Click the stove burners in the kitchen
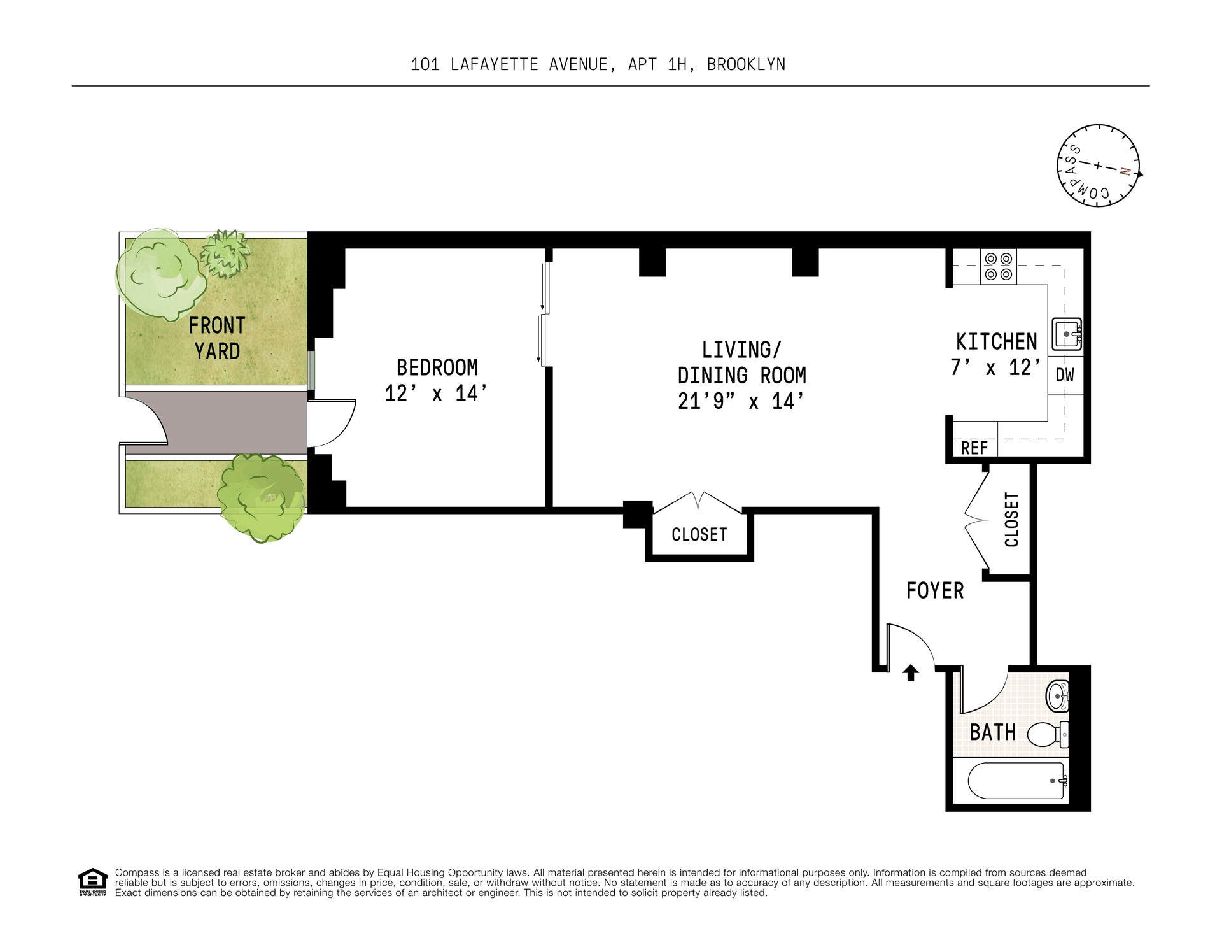click(998, 267)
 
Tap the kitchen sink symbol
click(1066, 334)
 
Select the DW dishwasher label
click(1065, 375)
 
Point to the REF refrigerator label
click(974, 448)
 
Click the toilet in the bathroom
click(1048, 734)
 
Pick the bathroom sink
click(1058, 696)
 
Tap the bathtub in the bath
click(1016, 781)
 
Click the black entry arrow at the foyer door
click(911, 673)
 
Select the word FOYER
click(935, 591)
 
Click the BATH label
click(992, 732)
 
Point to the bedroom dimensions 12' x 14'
click(436, 394)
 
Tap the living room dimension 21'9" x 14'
click(741, 401)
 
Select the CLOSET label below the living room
click(699, 535)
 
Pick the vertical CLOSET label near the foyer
click(1012, 520)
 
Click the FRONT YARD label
click(217, 338)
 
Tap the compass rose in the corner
click(1099, 166)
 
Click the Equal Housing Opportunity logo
click(93, 881)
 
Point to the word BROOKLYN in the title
click(747, 64)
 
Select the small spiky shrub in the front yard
click(225, 253)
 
